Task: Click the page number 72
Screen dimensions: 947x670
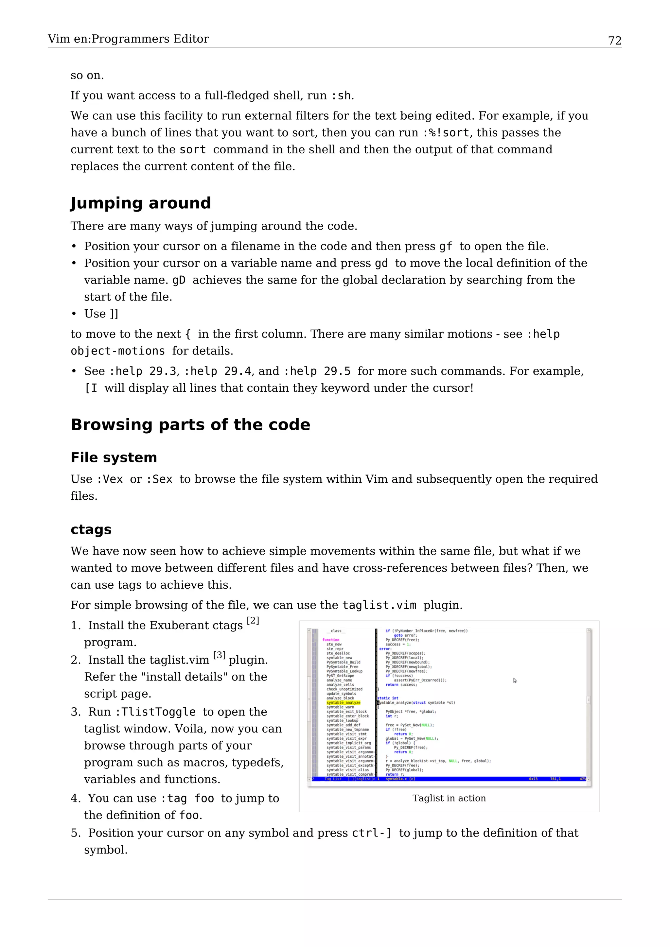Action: tap(614, 41)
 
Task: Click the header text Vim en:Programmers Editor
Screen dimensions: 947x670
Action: tap(128, 39)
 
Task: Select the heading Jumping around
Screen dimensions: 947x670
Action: tap(141, 203)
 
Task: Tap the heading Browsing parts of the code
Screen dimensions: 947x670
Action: tap(190, 424)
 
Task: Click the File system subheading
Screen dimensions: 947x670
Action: tap(114, 457)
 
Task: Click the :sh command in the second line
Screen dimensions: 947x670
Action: tap(341, 96)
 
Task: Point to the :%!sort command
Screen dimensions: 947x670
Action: tap(446, 133)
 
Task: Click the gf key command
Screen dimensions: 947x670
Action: tap(445, 246)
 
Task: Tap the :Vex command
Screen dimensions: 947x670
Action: tap(109, 479)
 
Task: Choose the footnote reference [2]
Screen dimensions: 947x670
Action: tap(253, 620)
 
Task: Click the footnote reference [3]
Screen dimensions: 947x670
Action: tap(219, 655)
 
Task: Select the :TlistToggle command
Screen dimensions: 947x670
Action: tap(155, 712)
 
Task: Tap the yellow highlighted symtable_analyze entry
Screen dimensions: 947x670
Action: tap(343, 702)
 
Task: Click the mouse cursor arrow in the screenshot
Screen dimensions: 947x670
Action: tap(515, 680)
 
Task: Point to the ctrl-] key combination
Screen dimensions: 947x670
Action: tap(371, 833)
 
